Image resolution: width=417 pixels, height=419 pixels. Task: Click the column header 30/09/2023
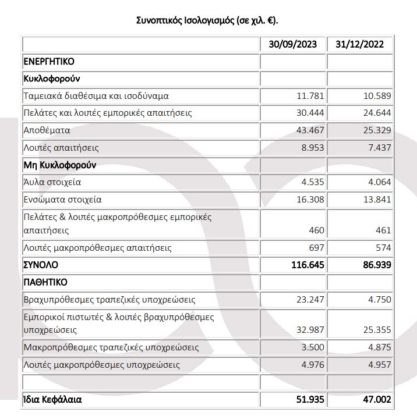point(294,45)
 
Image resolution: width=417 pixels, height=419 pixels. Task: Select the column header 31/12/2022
point(361,45)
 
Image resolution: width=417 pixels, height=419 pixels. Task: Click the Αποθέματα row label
point(48,130)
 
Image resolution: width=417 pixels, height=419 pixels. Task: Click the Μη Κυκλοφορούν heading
point(59,165)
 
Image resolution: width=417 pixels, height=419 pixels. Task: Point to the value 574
point(383,248)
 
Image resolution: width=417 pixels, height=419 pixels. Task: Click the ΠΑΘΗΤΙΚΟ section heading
point(45,283)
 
